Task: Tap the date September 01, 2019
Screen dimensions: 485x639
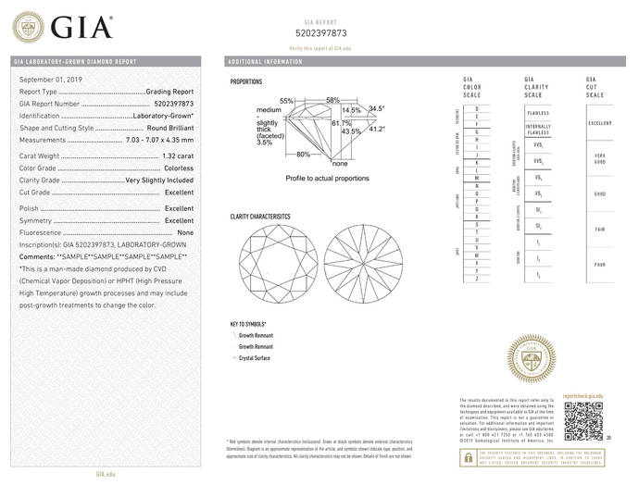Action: pos(49,81)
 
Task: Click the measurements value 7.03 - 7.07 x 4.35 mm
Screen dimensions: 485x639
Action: pos(158,140)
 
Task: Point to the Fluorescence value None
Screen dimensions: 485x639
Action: pos(185,233)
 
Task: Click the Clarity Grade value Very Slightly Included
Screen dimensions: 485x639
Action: pos(159,180)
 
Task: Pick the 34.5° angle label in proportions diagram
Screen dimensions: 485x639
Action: pos(376,109)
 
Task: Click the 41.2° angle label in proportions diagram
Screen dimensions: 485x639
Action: pos(376,130)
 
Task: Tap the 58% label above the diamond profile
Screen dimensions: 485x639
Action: pos(332,100)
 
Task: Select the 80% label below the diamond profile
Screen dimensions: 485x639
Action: pos(303,155)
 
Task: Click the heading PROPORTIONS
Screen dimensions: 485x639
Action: pos(248,82)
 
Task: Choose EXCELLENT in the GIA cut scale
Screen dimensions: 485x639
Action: pos(599,122)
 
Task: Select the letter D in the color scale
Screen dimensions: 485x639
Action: pos(477,109)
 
